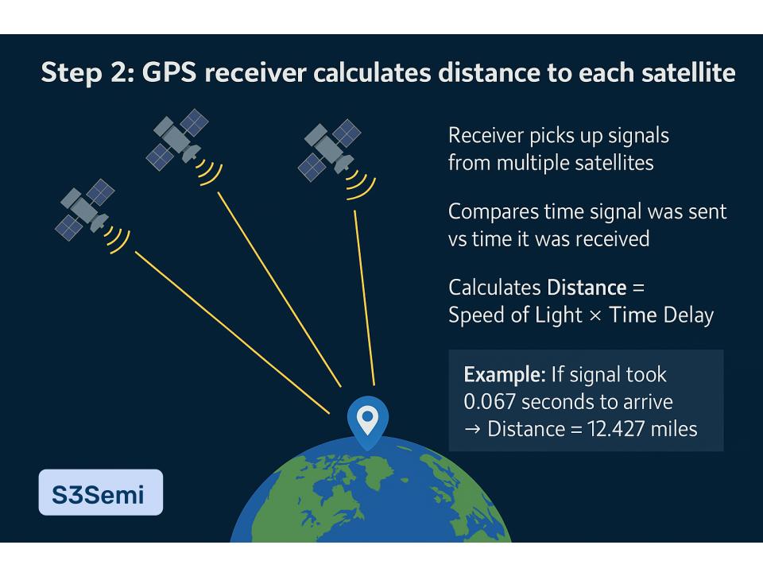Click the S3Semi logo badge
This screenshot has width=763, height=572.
101,493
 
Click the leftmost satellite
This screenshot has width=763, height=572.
85,210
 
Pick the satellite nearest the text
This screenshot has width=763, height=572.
329,150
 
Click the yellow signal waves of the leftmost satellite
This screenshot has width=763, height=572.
118,240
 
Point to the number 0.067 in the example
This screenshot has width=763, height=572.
490,402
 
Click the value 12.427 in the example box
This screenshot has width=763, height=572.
615,429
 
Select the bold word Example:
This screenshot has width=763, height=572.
505,374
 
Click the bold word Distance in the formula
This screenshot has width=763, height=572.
587,288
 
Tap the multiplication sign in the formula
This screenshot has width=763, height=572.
595,316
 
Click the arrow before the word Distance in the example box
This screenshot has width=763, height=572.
472,430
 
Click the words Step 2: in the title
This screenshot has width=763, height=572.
87,72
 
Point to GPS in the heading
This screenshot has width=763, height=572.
168,72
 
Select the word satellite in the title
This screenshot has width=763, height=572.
688,72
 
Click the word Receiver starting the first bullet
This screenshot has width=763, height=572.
485,136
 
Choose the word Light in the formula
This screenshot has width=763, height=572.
558,315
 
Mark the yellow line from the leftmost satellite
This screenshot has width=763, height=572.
232,333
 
